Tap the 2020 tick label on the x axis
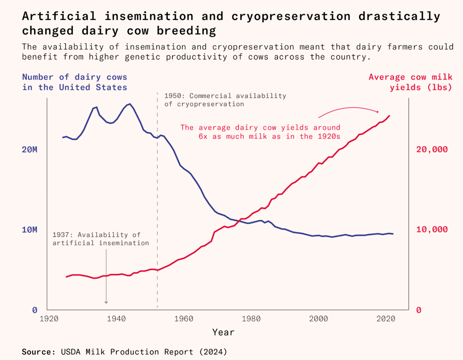click(386, 319)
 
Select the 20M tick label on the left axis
click(29, 149)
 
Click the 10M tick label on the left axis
click(29, 229)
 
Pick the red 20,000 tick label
click(432, 149)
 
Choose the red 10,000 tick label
click(432, 229)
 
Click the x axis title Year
click(223, 332)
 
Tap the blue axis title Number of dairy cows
click(75, 82)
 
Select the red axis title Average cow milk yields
click(410, 82)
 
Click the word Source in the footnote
click(37, 352)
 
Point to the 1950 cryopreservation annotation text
click(225, 100)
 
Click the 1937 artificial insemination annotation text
click(101, 239)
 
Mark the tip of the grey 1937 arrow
click(106, 303)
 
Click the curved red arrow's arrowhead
click(378, 112)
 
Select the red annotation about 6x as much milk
click(260, 132)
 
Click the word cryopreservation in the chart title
click(291, 16)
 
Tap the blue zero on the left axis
click(35, 310)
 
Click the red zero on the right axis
click(419, 310)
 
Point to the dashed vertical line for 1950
click(157, 193)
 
